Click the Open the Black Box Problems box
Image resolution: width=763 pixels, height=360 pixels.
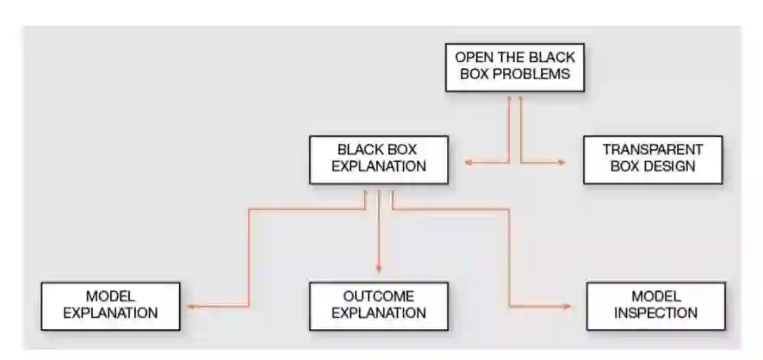pyautogui.click(x=515, y=66)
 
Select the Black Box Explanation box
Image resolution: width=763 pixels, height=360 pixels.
pyautogui.click(x=379, y=158)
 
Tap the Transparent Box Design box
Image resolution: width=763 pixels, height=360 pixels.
pyautogui.click(x=652, y=158)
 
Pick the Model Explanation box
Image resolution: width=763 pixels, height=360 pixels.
pyautogui.click(x=111, y=305)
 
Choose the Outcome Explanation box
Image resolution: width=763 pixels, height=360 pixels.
pyautogui.click(x=379, y=305)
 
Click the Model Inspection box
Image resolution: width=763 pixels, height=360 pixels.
pyautogui.click(x=655, y=305)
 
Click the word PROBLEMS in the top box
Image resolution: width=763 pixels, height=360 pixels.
pyautogui.click(x=537, y=74)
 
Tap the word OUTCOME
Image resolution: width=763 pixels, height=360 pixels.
pyautogui.click(x=379, y=296)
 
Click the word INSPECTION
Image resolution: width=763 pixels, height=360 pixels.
pyautogui.click(x=655, y=313)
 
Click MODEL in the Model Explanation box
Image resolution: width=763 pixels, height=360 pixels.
pyautogui.click(x=111, y=296)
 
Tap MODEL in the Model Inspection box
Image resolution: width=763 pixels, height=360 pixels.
pyautogui.click(x=655, y=296)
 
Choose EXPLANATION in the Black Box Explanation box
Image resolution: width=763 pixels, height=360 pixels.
pyautogui.click(x=379, y=166)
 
